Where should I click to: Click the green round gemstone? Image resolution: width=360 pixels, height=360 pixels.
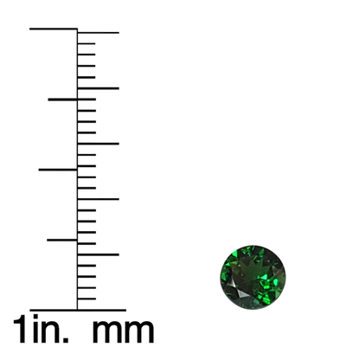pos(253,277)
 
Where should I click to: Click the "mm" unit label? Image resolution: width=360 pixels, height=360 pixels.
pos(123,331)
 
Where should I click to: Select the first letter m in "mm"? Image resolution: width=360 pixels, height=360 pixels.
pos(107,331)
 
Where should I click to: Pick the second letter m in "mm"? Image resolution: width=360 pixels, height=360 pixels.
pos(139,331)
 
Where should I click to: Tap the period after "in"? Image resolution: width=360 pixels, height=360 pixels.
pos(66,340)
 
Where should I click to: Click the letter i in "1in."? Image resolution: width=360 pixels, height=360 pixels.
pos(35,328)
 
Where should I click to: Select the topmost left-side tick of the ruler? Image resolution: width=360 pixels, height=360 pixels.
pos(54,29)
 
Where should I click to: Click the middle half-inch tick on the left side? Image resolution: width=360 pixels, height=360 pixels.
pos(58,170)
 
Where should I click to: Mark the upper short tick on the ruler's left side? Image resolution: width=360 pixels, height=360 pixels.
pos(62,100)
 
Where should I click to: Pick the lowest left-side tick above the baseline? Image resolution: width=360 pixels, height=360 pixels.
pos(62,240)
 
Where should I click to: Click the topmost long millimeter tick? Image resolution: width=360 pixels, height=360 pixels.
pos(98,33)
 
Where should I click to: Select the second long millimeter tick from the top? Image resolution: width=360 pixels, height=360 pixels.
pos(98,88)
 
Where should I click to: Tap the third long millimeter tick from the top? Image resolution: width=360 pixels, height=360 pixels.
pos(98,144)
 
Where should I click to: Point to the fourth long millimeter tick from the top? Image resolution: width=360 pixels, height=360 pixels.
pos(98,199)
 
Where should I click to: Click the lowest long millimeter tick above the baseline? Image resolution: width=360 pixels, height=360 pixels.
pos(98,254)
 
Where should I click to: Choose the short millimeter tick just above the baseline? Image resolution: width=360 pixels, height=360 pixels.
pos(87,299)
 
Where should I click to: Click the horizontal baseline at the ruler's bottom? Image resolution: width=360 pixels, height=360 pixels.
pos(78,311)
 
